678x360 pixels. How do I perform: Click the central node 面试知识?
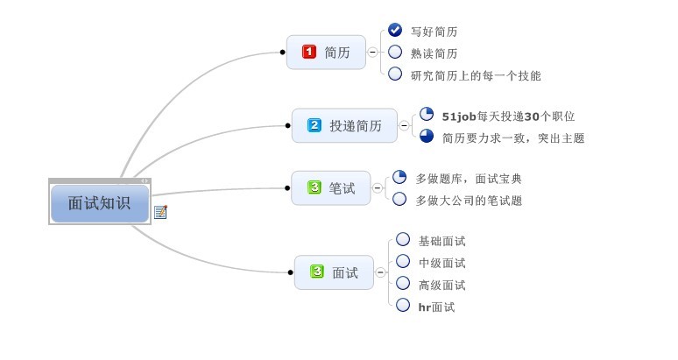pyautogui.click(x=99, y=203)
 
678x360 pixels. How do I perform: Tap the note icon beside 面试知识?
pyautogui.click(x=160, y=211)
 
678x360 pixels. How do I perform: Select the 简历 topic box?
pyautogui.click(x=325, y=53)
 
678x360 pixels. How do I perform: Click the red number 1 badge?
pyautogui.click(x=308, y=53)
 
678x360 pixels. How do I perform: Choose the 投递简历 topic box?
pyautogui.click(x=344, y=126)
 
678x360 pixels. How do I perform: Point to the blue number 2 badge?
pyautogui.click(x=314, y=126)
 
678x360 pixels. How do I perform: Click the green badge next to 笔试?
pyautogui.click(x=314, y=187)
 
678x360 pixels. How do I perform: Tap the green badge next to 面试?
pyautogui.click(x=317, y=272)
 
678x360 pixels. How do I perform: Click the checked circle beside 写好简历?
pyautogui.click(x=395, y=30)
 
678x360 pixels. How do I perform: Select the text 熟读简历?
pyautogui.click(x=434, y=53)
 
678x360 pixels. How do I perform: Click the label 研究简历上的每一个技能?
pyautogui.click(x=476, y=75)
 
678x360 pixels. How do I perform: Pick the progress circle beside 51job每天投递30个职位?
pyautogui.click(x=427, y=114)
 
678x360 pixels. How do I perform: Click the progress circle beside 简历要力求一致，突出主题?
pyautogui.click(x=427, y=136)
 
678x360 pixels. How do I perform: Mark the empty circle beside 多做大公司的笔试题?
pyautogui.click(x=399, y=199)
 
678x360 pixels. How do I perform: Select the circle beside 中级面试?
pyautogui.click(x=403, y=261)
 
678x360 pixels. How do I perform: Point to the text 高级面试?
pyautogui.click(x=441, y=285)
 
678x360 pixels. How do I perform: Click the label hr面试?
pyautogui.click(x=436, y=307)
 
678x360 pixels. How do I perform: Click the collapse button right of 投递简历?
pyautogui.click(x=404, y=126)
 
